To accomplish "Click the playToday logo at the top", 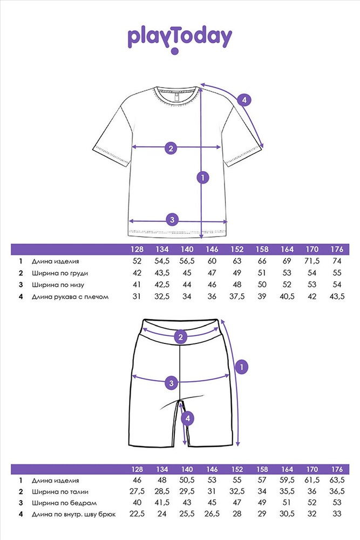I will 180,39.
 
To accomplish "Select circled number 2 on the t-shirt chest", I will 171,147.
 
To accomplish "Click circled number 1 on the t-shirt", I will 203,177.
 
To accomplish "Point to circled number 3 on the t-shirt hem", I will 172,219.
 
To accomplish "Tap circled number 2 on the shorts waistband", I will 181,337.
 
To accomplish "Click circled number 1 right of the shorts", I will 242,367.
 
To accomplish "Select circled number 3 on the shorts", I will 171,383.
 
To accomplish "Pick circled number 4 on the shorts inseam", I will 187,417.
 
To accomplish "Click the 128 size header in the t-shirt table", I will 137,250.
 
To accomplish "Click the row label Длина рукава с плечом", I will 67,296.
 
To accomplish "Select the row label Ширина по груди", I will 60,273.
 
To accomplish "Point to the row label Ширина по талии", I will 60,491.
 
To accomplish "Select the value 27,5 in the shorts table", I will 137,491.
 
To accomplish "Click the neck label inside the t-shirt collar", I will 176,97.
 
